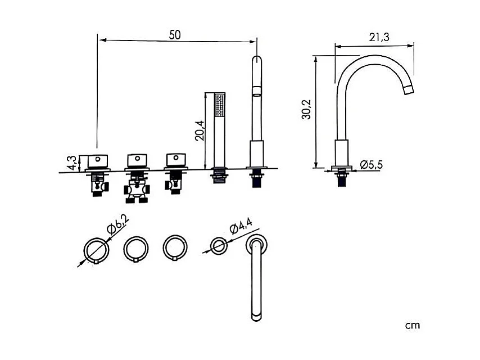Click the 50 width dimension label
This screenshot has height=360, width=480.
pyautogui.click(x=175, y=35)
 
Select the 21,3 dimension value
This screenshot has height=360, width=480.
pyautogui.click(x=379, y=37)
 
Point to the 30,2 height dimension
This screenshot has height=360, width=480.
pyautogui.click(x=306, y=109)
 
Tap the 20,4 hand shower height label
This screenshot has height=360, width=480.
pyautogui.click(x=200, y=130)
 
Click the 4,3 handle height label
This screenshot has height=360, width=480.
pyautogui.click(x=73, y=163)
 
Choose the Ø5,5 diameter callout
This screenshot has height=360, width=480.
pyautogui.click(x=372, y=164)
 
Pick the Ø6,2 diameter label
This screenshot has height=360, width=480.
pyautogui.click(x=118, y=224)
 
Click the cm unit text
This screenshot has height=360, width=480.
pyautogui.click(x=413, y=325)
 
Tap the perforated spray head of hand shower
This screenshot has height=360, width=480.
pyautogui.click(x=220, y=105)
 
